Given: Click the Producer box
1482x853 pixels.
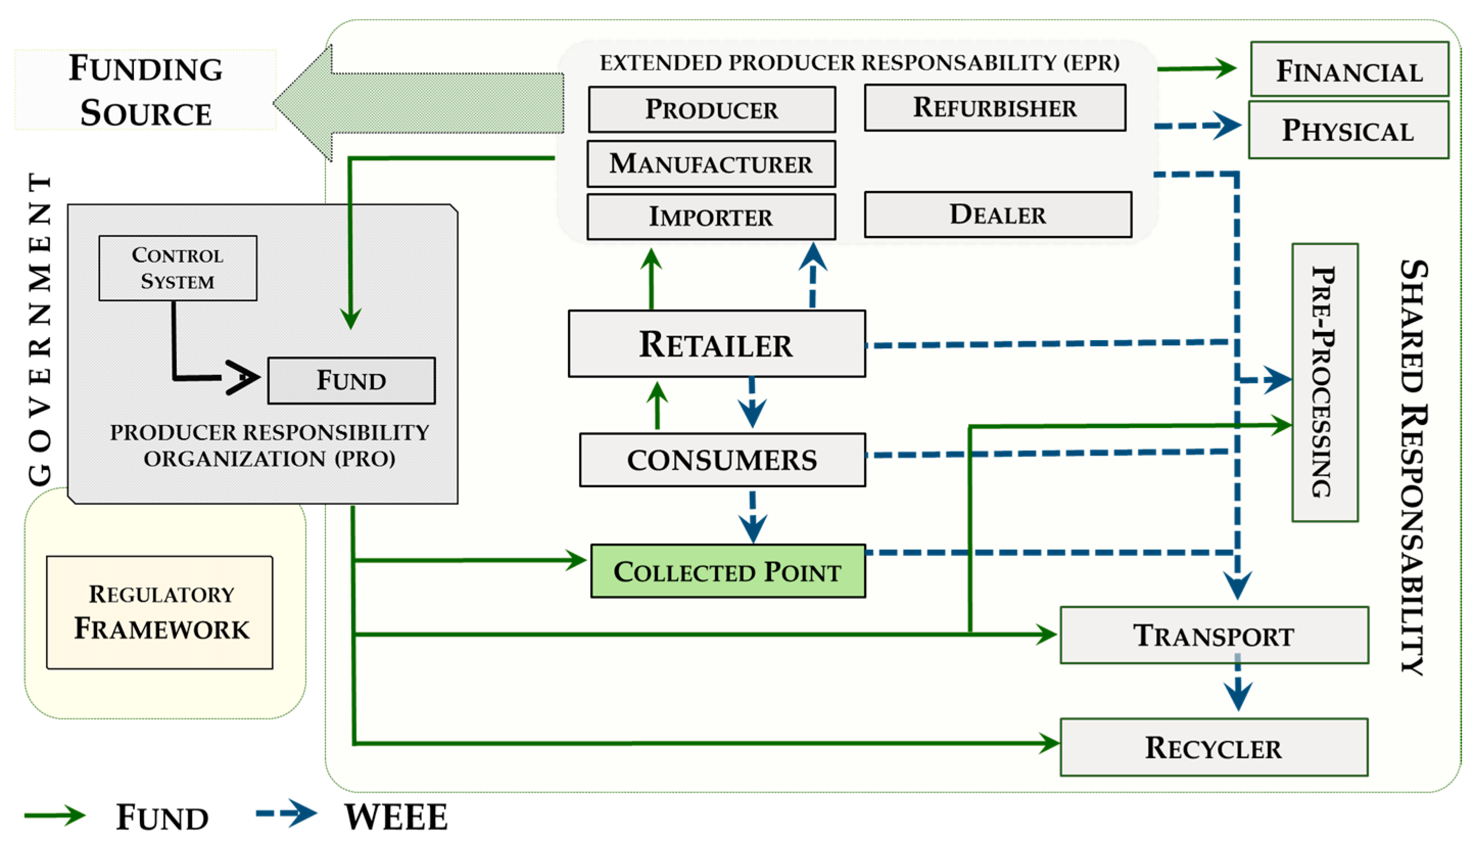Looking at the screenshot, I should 711,109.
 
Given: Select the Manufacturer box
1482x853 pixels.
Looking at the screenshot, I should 711,163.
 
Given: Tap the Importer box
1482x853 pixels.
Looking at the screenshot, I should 711,217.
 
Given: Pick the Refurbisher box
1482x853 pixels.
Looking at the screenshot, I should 995,108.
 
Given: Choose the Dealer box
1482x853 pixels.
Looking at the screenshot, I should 997,215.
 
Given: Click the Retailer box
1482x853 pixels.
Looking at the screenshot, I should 716,344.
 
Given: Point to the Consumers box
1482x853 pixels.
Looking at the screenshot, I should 722,460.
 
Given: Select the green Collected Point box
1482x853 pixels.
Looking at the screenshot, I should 728,571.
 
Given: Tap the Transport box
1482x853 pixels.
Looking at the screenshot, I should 1214,635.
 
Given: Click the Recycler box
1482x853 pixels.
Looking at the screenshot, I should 1214,748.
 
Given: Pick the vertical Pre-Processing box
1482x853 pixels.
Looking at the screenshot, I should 1325,383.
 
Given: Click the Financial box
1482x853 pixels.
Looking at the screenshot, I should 1349,69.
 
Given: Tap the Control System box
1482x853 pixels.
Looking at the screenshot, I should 178,268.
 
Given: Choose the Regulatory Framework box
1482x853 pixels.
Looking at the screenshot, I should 160,613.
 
